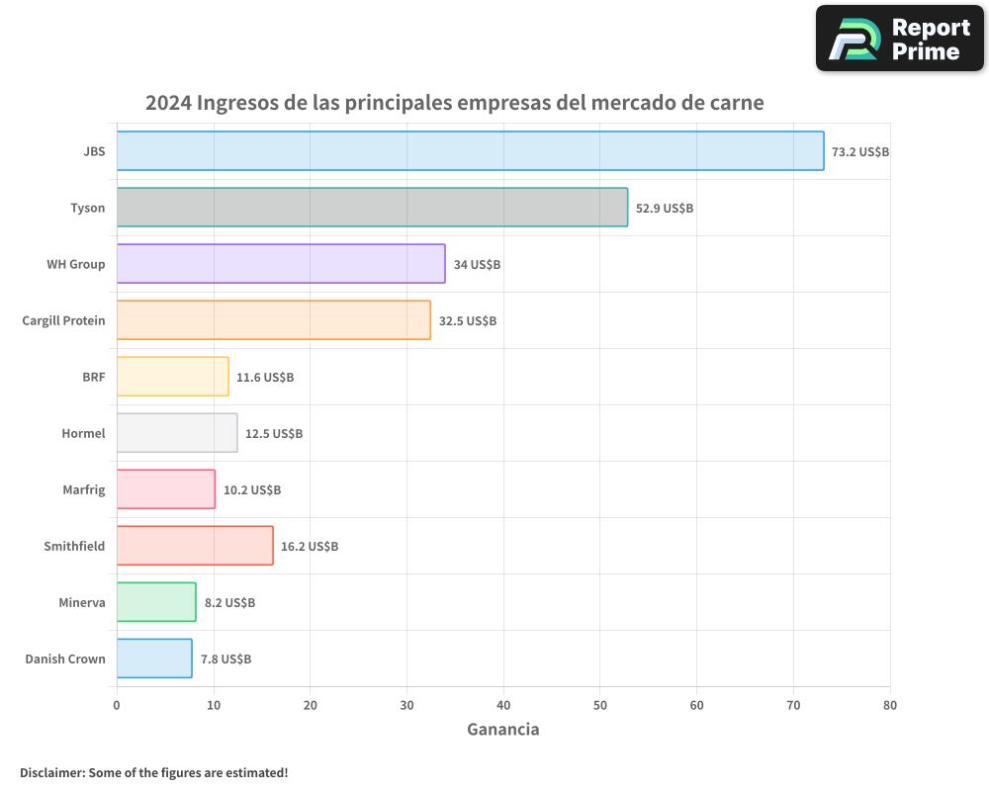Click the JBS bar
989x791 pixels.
[470, 151]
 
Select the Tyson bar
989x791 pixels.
[372, 208]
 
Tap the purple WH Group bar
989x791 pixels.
[281, 264]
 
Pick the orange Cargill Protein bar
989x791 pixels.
[273, 320]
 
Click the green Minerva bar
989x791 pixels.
[156, 602]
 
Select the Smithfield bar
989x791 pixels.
[195, 546]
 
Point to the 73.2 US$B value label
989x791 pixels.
[860, 152]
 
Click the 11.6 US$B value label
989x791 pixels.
[265, 378]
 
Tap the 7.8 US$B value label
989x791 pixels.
[225, 659]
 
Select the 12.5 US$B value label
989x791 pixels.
[274, 434]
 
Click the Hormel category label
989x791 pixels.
[83, 433]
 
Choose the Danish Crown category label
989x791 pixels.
[65, 659]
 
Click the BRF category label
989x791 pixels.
[94, 377]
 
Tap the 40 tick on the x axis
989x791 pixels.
[503, 705]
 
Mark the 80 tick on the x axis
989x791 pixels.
[890, 705]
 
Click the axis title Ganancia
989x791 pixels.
[503, 730]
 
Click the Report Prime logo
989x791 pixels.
[900, 39]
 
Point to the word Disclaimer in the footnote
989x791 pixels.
[51, 772]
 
